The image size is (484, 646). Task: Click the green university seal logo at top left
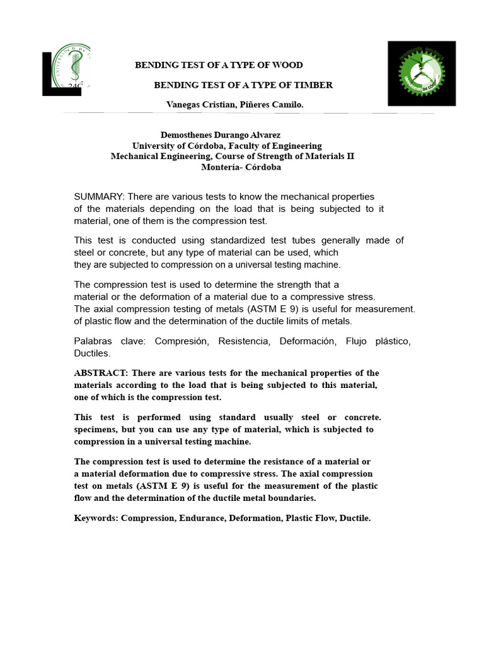[x=70, y=66]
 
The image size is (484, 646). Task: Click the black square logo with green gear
[x=421, y=73]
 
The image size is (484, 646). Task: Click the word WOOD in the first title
[x=289, y=65]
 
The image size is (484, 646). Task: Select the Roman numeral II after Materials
[x=350, y=156]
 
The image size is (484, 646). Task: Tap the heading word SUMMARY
[x=98, y=197]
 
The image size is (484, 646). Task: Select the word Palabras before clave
[x=95, y=341]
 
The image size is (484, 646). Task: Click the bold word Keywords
[x=96, y=518]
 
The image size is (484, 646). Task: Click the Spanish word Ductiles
[x=92, y=353]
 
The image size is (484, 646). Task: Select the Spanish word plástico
[x=391, y=341]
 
